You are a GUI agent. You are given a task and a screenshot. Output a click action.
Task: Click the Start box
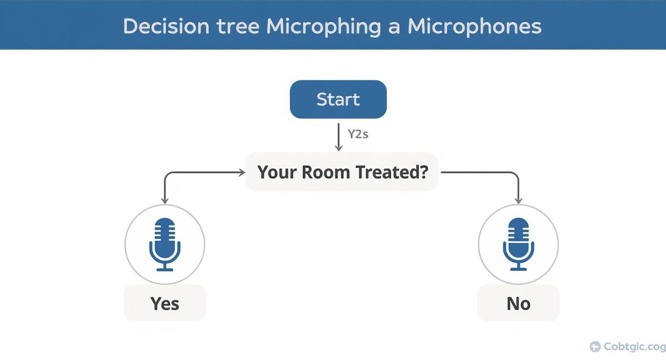[338, 99]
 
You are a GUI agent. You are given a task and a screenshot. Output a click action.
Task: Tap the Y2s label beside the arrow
[358, 134]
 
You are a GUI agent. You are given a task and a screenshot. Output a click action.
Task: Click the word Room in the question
[325, 172]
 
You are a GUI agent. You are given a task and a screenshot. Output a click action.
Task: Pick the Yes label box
[165, 303]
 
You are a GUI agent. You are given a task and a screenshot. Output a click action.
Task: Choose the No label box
[518, 303]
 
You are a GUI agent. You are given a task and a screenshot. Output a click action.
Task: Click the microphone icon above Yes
[165, 244]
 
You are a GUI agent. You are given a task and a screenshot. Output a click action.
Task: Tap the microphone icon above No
[518, 244]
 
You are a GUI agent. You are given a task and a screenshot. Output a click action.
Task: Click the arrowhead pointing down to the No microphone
[518, 201]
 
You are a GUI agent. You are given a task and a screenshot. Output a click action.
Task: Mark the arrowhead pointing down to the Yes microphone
[165, 201]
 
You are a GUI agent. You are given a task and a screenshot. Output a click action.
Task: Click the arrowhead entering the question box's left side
[242, 172]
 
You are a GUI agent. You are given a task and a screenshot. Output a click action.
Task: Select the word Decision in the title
[166, 26]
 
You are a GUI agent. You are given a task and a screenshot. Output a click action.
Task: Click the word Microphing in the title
[323, 26]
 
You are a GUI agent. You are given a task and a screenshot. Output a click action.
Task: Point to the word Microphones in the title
[475, 26]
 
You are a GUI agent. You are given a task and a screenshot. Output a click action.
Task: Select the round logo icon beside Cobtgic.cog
[595, 347]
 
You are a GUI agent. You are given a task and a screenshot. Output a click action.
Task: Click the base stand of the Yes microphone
[165, 270]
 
